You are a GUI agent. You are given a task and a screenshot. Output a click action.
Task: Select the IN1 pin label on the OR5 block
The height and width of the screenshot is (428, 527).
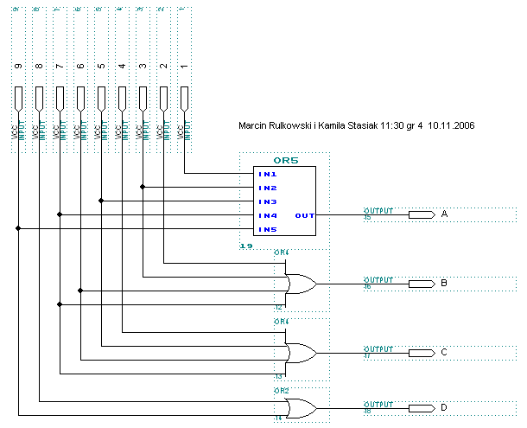267,174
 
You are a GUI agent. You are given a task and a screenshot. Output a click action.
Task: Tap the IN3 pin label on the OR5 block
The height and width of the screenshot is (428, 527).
267,201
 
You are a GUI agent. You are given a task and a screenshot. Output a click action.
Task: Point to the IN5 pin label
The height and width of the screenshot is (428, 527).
267,229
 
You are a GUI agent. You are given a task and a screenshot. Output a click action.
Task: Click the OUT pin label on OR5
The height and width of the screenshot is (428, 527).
305,215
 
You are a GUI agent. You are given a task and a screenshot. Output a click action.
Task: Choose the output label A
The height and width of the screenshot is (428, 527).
444,214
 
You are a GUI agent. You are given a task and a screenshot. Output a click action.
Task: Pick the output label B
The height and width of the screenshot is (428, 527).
444,283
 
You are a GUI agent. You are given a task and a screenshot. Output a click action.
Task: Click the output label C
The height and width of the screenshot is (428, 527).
444,352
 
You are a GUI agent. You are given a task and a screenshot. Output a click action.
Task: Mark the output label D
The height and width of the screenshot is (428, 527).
444,407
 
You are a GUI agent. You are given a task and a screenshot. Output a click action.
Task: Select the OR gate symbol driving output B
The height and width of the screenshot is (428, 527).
299,283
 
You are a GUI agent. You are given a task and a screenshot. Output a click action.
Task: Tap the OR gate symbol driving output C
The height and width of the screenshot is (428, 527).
299,352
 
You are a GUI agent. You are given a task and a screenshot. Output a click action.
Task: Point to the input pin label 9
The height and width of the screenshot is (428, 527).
17,67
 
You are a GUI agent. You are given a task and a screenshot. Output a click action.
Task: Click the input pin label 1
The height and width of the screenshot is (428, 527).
183,67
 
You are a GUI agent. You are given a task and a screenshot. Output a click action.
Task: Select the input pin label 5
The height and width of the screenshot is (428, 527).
100,67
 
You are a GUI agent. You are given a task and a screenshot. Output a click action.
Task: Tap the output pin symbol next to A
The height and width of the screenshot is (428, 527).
421,214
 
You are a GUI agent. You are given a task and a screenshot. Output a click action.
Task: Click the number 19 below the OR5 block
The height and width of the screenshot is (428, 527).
245,247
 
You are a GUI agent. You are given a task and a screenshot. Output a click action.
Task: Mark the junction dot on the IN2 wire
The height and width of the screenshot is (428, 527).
143,187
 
